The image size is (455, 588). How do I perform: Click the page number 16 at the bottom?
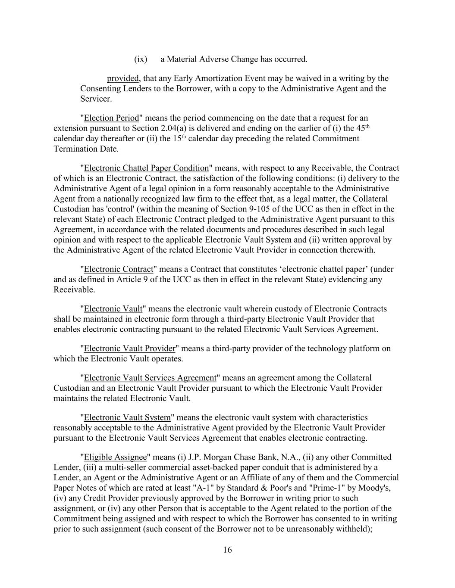tap(227, 550)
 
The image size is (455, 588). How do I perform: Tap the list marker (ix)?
tap(141, 59)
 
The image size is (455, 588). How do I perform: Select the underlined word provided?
tap(123, 78)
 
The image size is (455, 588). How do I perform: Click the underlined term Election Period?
tap(111, 118)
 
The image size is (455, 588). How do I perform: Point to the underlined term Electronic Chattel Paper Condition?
tap(146, 168)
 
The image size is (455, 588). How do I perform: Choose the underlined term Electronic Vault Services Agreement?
tap(150, 378)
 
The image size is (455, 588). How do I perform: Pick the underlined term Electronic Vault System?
tap(127, 417)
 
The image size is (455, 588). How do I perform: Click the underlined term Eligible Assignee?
tap(115, 457)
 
